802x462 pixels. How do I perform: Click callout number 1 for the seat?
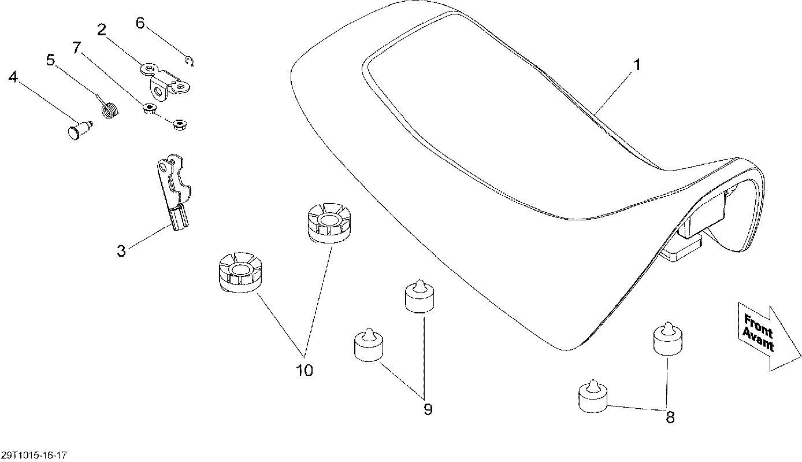[637, 65]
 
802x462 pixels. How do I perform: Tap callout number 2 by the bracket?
[102, 29]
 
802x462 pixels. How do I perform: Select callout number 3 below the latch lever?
[121, 251]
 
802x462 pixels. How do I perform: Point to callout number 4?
[13, 77]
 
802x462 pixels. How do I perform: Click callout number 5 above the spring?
[51, 60]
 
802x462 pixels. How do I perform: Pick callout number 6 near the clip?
[140, 23]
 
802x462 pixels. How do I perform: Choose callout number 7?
[77, 47]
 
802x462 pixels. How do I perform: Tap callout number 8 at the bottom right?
[670, 417]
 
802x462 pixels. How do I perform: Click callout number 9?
[428, 409]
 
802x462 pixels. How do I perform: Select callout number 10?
[305, 370]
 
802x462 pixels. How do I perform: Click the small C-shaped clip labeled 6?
[190, 61]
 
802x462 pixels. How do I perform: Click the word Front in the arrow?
[758, 326]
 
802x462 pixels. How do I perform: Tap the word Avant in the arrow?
[758, 339]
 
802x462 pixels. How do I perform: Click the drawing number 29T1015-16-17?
[34, 455]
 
